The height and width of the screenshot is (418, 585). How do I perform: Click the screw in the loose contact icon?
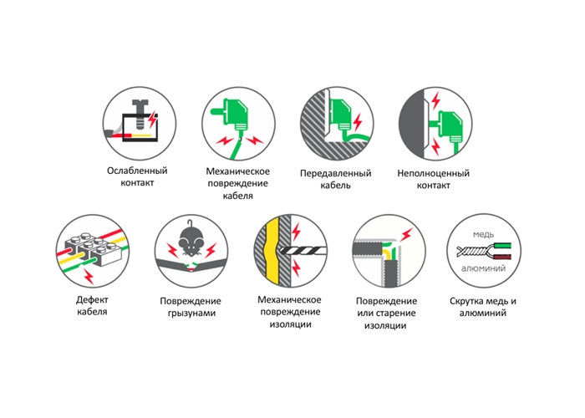click(x=140, y=112)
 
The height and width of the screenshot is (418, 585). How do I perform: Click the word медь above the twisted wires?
click(x=483, y=234)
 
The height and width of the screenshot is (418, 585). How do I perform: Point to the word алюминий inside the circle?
click(x=483, y=268)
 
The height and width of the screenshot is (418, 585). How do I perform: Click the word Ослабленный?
click(x=137, y=171)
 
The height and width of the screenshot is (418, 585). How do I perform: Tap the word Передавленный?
click(x=335, y=173)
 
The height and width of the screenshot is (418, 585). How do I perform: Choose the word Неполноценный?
click(x=433, y=173)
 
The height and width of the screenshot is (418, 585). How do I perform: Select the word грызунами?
click(x=191, y=313)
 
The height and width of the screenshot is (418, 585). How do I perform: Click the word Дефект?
click(x=92, y=299)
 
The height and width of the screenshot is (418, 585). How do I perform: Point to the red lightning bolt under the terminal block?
click(x=89, y=277)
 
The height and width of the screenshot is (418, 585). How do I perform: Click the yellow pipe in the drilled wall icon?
click(x=272, y=251)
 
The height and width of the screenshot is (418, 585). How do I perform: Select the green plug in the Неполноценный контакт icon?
click(x=448, y=125)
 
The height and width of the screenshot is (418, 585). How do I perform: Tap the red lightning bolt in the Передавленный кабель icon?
click(x=357, y=122)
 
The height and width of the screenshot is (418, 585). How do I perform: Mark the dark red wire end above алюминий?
click(x=502, y=257)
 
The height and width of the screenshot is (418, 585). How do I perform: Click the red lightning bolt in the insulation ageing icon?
click(x=407, y=234)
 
